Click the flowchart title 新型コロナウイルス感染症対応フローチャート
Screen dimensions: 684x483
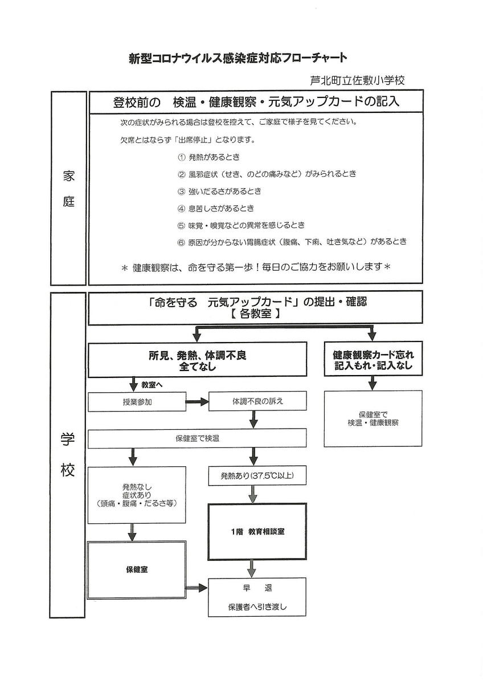click(x=238, y=59)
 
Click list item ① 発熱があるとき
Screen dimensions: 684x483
click(x=209, y=157)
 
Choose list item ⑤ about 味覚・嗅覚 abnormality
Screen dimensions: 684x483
click(x=242, y=225)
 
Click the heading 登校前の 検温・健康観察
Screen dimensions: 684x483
click(x=255, y=102)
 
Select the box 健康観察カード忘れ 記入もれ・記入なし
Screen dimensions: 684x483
click(x=373, y=360)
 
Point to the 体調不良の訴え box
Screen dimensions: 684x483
click(x=258, y=402)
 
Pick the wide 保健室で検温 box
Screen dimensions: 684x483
click(x=198, y=438)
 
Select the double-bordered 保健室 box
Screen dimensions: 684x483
click(x=137, y=569)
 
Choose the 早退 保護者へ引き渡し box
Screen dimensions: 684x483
click(x=257, y=596)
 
